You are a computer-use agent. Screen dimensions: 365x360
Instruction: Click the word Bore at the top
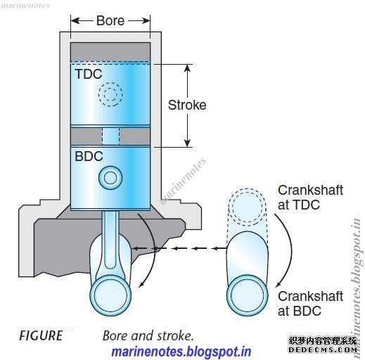click(x=110, y=20)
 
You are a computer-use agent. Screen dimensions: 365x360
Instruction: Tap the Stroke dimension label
click(x=187, y=105)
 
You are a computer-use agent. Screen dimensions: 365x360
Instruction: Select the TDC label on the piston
click(x=89, y=74)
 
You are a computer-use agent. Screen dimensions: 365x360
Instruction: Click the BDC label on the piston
click(x=89, y=156)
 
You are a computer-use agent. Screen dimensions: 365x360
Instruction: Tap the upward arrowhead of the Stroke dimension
click(x=187, y=68)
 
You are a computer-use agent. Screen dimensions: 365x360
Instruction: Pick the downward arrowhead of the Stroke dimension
click(x=187, y=143)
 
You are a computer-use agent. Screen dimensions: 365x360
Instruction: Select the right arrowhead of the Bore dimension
click(x=146, y=20)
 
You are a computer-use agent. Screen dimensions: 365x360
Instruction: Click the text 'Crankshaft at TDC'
click(x=310, y=198)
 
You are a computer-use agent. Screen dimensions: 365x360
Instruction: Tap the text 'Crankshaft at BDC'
click(x=310, y=304)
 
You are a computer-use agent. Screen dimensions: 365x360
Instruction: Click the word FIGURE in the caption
click(x=41, y=335)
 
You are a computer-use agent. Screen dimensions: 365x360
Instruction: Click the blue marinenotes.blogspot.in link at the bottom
click(x=181, y=352)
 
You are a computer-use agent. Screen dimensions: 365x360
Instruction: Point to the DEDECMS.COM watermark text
click(x=323, y=349)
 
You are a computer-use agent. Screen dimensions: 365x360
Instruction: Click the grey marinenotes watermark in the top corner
click(x=25, y=6)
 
